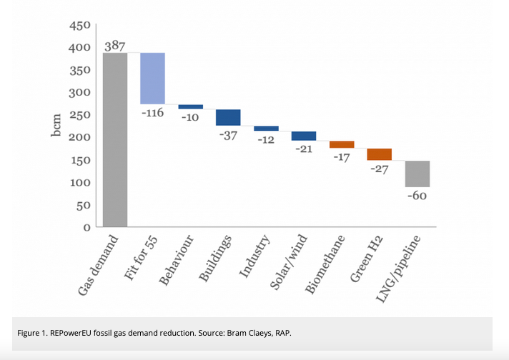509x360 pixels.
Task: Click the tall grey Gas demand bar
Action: pyautogui.click(x=115, y=140)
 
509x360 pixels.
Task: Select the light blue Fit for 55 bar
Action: pyautogui.click(x=152, y=79)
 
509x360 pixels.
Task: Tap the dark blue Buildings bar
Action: pyautogui.click(x=228, y=117)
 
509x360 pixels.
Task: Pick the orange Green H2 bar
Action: pyautogui.click(x=380, y=154)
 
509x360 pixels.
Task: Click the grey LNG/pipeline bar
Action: pyautogui.click(x=417, y=174)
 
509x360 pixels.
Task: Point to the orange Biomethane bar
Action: pyautogui.click(x=342, y=144)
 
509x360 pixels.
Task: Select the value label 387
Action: pyautogui.click(x=115, y=45)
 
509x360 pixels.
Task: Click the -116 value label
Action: pyautogui.click(x=153, y=114)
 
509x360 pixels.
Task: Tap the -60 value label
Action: pyautogui.click(x=417, y=196)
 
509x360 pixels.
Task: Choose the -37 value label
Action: pyautogui.click(x=227, y=136)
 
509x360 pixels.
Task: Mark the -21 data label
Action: pyautogui.click(x=304, y=149)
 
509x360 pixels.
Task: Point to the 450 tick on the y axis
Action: pyautogui.click(x=79, y=26)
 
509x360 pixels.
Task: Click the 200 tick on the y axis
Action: pyautogui.click(x=79, y=138)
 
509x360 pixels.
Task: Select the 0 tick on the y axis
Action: pyautogui.click(x=86, y=228)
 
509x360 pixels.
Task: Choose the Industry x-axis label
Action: pyautogui.click(x=254, y=255)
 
